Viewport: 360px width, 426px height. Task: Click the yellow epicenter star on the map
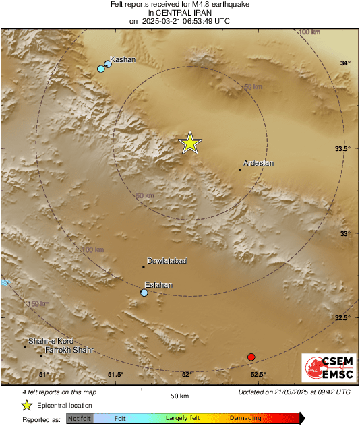pyautogui.click(x=191, y=143)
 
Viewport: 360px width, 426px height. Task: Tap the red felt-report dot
pyautogui.click(x=251, y=357)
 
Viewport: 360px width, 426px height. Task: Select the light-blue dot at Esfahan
pyautogui.click(x=144, y=293)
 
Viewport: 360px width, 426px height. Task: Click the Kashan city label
pyautogui.click(x=123, y=59)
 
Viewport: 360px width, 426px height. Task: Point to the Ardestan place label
pyautogui.click(x=259, y=163)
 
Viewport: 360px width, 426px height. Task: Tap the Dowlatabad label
pyautogui.click(x=166, y=261)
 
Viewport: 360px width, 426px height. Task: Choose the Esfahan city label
pyautogui.click(x=159, y=285)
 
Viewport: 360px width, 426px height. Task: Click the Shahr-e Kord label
pyautogui.click(x=51, y=341)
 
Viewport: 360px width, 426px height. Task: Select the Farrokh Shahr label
pyautogui.click(x=69, y=351)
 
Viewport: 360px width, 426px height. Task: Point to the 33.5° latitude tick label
pyautogui.click(x=344, y=148)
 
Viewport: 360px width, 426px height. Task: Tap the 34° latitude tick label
pyautogui.click(x=345, y=63)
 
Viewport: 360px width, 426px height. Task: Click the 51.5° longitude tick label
pyautogui.click(x=115, y=375)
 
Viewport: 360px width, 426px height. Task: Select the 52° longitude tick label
pyautogui.click(x=187, y=375)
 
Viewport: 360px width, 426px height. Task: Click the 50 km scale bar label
pyautogui.click(x=179, y=395)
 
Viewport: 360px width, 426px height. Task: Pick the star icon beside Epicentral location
pyautogui.click(x=27, y=405)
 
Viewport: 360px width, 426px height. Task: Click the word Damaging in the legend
pyautogui.click(x=245, y=419)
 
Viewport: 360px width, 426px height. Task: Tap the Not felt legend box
pyautogui.click(x=80, y=419)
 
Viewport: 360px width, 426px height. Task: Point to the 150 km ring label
pyautogui.click(x=39, y=304)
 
